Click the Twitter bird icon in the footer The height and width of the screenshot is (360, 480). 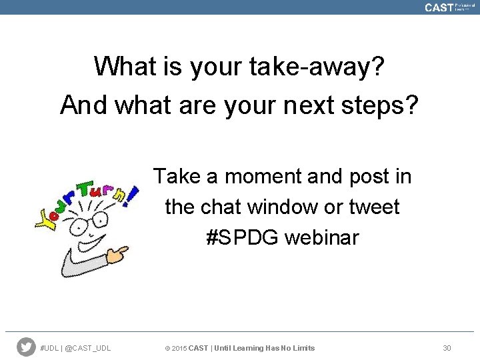[x=26, y=347]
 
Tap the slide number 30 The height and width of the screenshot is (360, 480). [x=447, y=348]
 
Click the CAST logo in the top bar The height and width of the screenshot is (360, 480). [x=439, y=7]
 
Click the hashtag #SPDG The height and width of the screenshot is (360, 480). [x=242, y=237]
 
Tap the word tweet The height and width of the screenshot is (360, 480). [x=374, y=207]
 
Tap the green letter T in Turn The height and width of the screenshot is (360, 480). [x=84, y=190]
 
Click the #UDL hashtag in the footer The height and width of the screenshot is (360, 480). [x=50, y=348]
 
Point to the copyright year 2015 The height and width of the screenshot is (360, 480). [x=179, y=348]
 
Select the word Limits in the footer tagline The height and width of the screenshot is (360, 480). [x=302, y=348]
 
